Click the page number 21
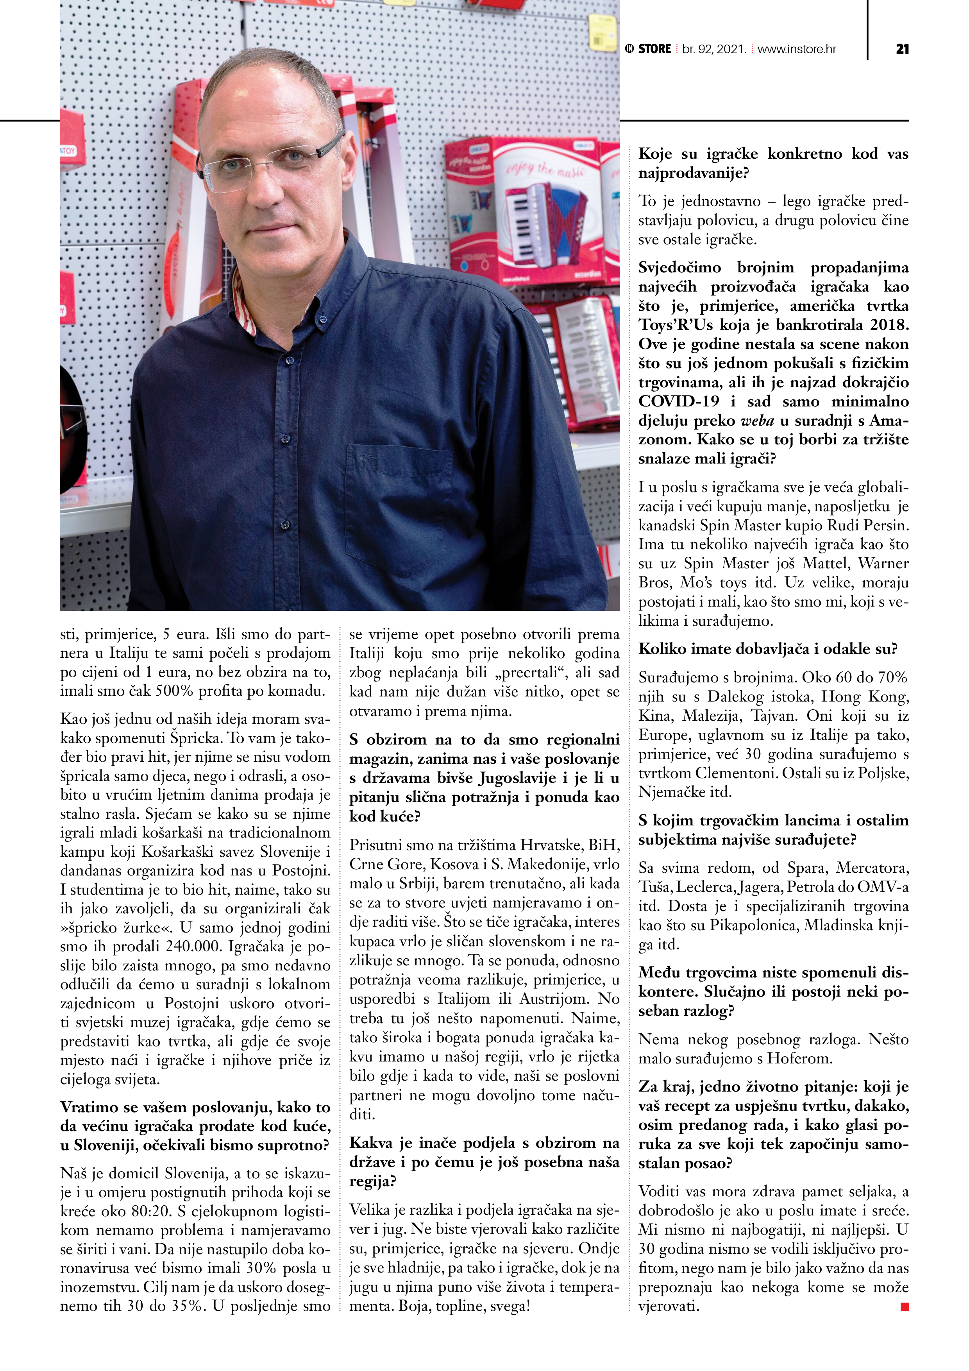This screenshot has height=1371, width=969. (x=902, y=49)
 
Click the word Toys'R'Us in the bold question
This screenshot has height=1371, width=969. (x=675, y=325)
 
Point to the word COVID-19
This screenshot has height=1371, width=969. (x=679, y=401)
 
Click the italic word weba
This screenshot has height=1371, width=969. (x=757, y=421)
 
